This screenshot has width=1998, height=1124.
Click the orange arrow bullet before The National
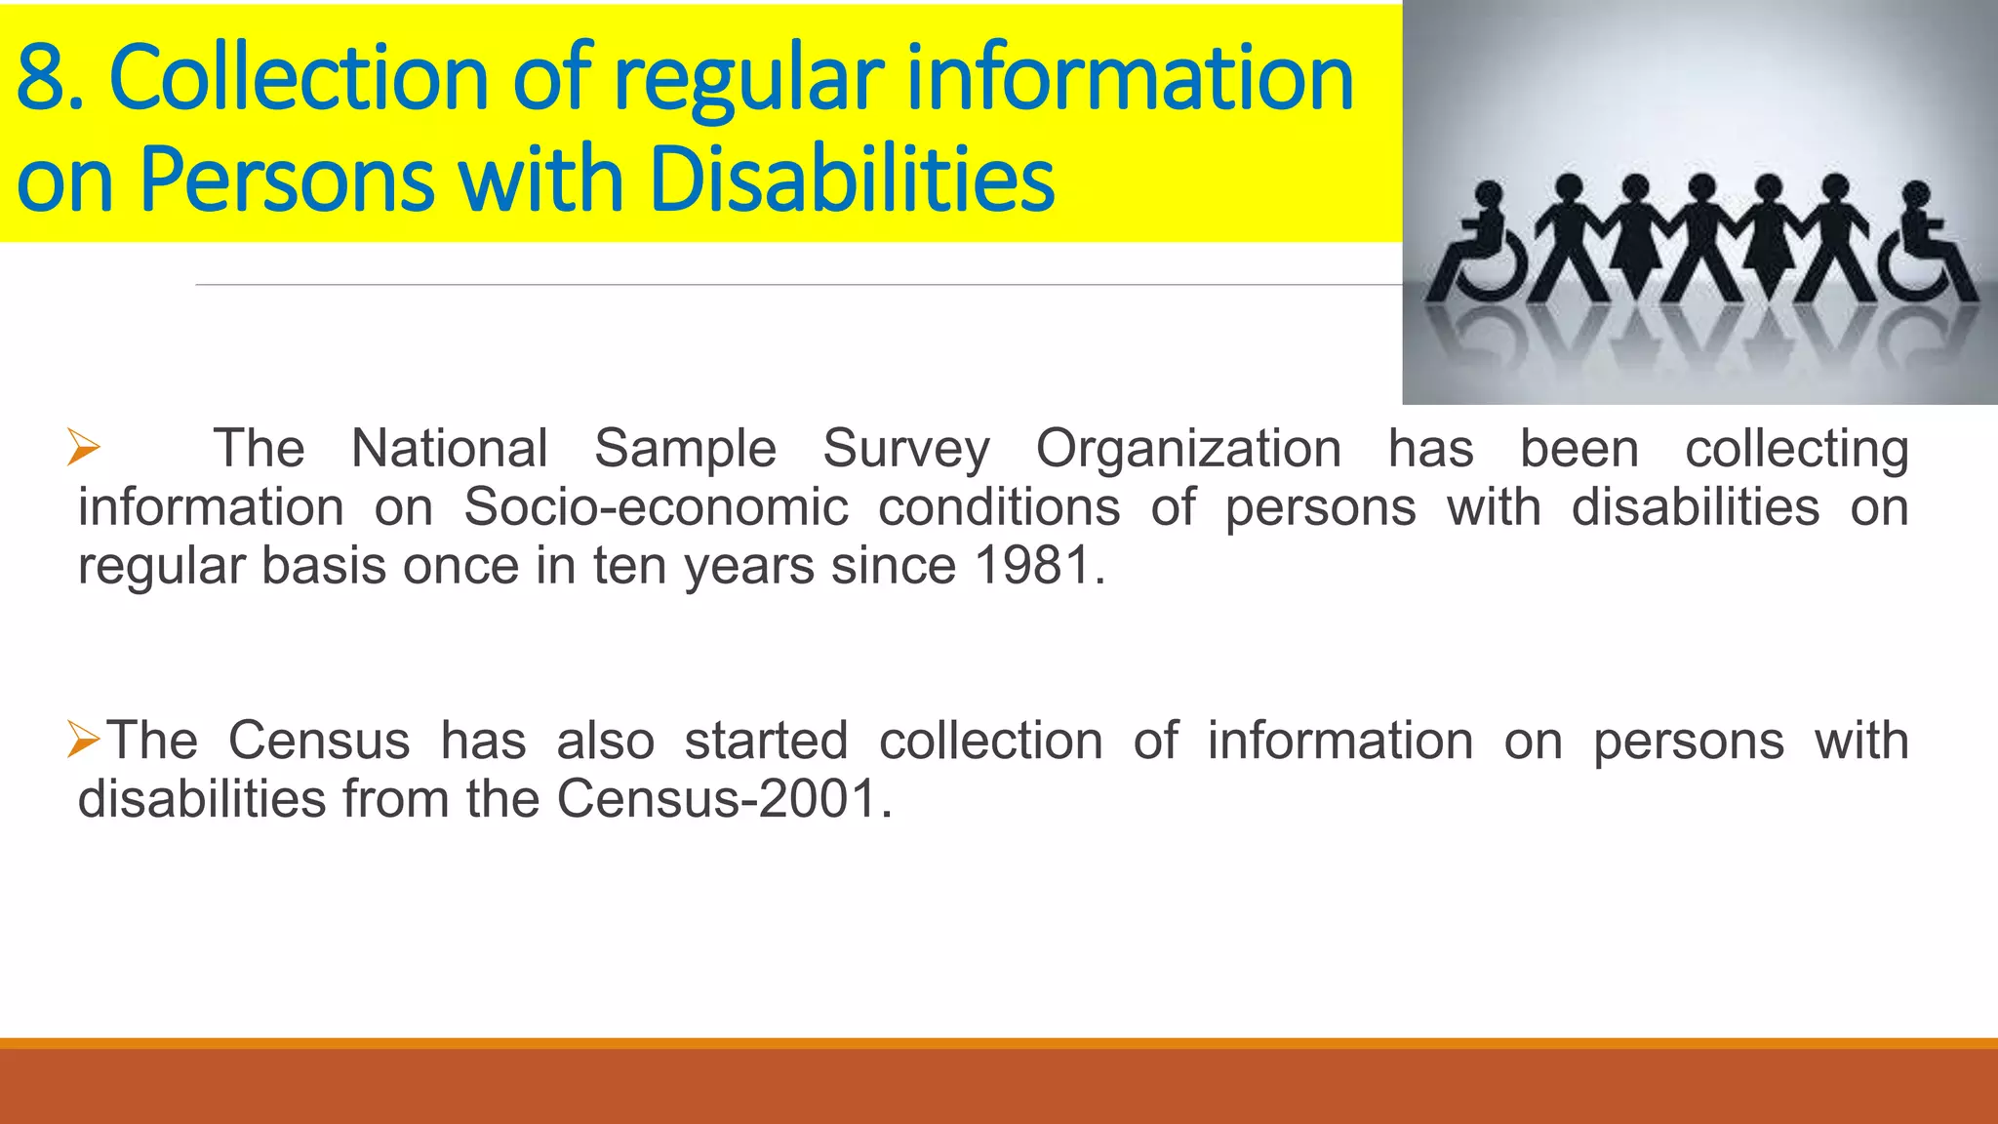pyautogui.click(x=84, y=448)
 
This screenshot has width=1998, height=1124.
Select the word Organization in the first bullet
pyautogui.click(x=1187, y=449)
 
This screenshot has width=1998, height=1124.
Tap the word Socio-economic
pyautogui.click(x=656, y=507)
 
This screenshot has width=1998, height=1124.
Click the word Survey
pyautogui.click(x=905, y=449)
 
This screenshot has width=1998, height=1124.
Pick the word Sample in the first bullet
pyautogui.click(x=685, y=449)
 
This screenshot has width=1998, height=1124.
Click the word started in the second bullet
pyautogui.click(x=766, y=741)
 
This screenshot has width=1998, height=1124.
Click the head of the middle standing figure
pyautogui.click(x=1701, y=185)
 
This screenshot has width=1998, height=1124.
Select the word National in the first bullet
pyautogui.click(x=449, y=449)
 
